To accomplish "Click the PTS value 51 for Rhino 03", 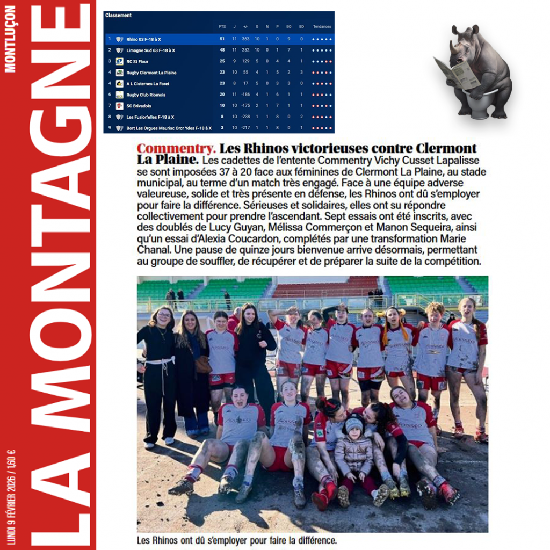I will pyautogui.click(x=222, y=39).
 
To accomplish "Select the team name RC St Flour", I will pyautogui.click(x=137, y=61).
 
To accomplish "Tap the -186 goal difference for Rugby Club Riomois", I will pyautogui.click(x=245, y=95).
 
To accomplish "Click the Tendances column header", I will pyautogui.click(x=322, y=26).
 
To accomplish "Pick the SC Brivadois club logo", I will pyautogui.click(x=119, y=106).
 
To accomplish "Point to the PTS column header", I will pyautogui.click(x=222, y=26).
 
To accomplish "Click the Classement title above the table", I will pyautogui.click(x=118, y=16).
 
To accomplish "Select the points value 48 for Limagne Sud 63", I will pyautogui.click(x=222, y=50).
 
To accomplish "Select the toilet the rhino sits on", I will pyautogui.click(x=478, y=105).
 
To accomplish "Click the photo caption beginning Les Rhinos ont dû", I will pyautogui.click(x=237, y=540).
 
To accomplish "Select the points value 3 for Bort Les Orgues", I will pyautogui.click(x=222, y=128).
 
